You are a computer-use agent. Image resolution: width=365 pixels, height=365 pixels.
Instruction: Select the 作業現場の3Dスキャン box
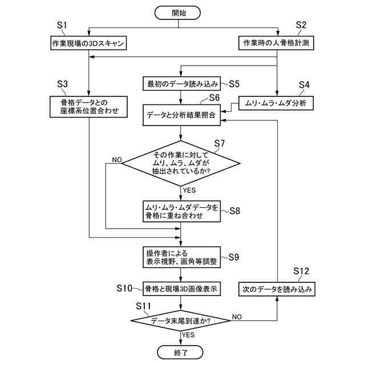coord(88,43)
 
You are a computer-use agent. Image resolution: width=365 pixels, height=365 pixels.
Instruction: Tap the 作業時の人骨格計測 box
coord(277,43)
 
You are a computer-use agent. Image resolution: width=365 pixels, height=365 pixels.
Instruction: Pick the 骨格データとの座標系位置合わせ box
coord(88,107)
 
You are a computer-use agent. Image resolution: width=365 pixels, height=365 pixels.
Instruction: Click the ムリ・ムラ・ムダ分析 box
coord(277,103)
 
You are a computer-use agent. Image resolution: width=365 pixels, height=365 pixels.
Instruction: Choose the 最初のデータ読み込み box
coord(181,84)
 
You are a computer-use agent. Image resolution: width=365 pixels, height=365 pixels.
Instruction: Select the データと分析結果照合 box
coord(181,115)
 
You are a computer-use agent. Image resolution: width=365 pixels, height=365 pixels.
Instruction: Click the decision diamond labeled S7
coord(181,163)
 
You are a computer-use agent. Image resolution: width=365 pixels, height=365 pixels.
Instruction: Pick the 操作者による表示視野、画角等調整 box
coord(181,257)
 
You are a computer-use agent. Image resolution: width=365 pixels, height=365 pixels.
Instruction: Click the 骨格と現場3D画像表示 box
coord(181,289)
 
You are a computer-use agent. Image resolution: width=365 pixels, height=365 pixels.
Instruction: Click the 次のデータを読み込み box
coord(277,289)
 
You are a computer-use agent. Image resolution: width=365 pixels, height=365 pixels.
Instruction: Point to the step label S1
coord(63,25)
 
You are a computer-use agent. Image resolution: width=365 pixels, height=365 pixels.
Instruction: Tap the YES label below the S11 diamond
coord(189,335)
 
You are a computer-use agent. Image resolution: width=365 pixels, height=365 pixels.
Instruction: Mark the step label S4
coord(305,85)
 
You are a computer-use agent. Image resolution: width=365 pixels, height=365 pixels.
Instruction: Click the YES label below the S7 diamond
coord(189,189)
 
